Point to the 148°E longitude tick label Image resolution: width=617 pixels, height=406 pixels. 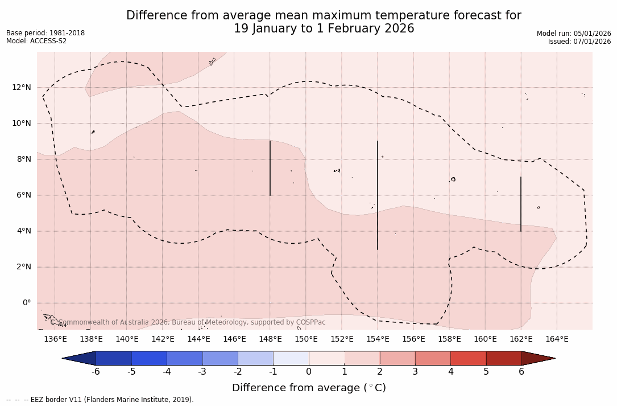[270, 339]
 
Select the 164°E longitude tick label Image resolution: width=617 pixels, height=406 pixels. [557, 339]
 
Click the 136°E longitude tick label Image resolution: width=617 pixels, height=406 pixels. [55, 339]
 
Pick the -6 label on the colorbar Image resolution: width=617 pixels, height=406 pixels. [96, 372]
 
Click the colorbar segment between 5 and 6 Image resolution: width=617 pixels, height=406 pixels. [504, 358]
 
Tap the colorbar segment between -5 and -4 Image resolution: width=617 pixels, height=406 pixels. [150, 358]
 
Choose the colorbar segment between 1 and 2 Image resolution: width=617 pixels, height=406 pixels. [362, 358]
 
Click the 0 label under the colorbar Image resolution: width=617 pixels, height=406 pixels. [309, 372]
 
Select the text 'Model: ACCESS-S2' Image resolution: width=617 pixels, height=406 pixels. [36, 41]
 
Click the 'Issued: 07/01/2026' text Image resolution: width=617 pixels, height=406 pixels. [579, 42]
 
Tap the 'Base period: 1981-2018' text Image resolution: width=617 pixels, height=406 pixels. [45, 33]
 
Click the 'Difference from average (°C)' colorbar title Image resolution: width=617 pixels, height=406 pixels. [309, 388]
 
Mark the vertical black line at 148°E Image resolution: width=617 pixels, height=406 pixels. [270, 168]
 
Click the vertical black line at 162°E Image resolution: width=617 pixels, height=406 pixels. [521, 204]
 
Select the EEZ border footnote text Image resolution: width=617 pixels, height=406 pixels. [100, 400]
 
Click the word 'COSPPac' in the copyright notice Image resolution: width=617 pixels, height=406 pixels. [311, 322]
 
